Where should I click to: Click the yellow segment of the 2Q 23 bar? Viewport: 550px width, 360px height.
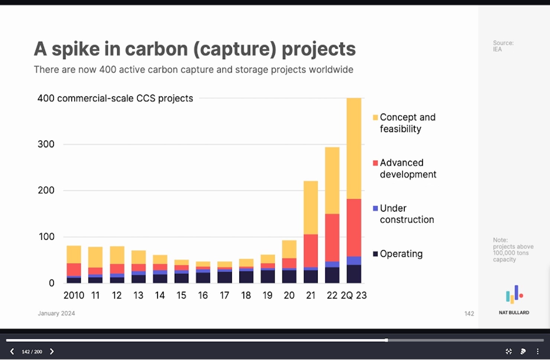[354, 148]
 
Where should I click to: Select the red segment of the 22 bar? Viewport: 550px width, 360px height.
[332, 238]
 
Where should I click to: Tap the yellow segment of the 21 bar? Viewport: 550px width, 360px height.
[311, 207]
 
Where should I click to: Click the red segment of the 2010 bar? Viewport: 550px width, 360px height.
[74, 269]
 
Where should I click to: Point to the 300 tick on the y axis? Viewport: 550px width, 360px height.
[46, 144]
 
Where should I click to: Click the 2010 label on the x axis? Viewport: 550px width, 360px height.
[74, 295]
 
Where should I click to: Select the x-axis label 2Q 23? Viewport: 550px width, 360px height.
[354, 295]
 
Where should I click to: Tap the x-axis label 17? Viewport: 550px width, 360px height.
[224, 295]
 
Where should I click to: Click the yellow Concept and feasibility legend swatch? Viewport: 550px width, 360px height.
[375, 117]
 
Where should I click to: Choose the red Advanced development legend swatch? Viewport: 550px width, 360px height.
[375, 163]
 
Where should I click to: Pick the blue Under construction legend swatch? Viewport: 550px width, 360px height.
[375, 208]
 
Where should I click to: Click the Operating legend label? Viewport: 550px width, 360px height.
[401, 254]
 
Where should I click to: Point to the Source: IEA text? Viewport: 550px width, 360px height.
[503, 46]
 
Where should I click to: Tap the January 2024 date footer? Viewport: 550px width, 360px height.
[56, 313]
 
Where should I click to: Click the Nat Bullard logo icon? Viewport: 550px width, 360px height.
[514, 294]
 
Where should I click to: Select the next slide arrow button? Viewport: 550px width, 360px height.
[52, 351]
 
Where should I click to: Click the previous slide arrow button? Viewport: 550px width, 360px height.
[12, 351]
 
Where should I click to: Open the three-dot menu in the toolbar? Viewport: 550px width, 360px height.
[537, 351]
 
